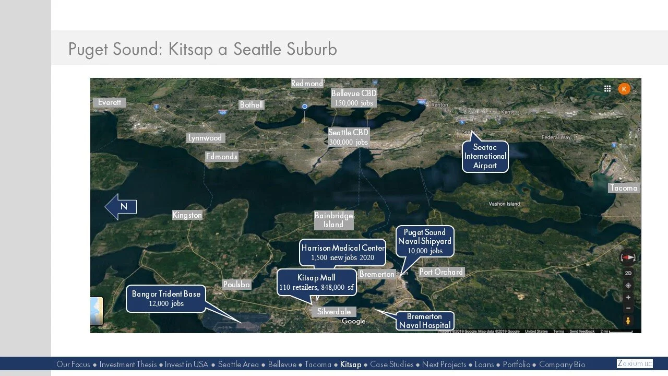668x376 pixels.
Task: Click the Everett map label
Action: (109, 102)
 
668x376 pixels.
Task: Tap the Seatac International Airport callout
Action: (485, 157)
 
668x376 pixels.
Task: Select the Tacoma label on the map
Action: (623, 188)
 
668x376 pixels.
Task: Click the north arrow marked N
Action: (121, 207)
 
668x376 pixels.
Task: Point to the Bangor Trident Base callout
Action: (166, 299)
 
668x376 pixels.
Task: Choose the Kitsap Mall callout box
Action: (316, 282)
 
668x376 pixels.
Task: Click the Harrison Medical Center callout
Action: (343, 253)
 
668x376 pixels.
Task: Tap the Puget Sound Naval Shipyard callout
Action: (425, 241)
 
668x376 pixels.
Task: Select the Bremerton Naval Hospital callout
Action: (424, 321)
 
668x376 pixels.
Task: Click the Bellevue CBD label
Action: (353, 98)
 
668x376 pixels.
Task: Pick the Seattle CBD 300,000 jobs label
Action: (348, 137)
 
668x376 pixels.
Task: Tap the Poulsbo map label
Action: (236, 285)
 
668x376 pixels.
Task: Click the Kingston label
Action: (187, 215)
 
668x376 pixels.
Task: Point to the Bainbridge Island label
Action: (333, 220)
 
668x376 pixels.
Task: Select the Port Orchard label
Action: (441, 272)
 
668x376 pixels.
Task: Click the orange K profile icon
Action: (624, 89)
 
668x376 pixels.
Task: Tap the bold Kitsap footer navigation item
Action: (350, 365)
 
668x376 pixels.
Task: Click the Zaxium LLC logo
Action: (635, 363)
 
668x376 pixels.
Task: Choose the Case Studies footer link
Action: (391, 365)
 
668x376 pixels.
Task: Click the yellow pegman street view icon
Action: (628, 320)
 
